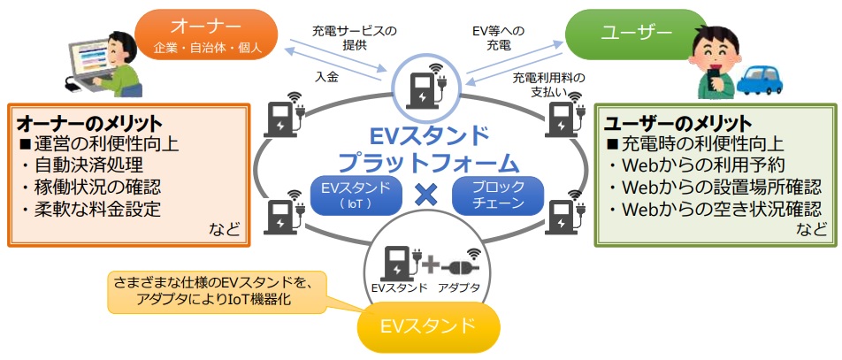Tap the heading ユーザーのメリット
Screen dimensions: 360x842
[677, 123]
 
